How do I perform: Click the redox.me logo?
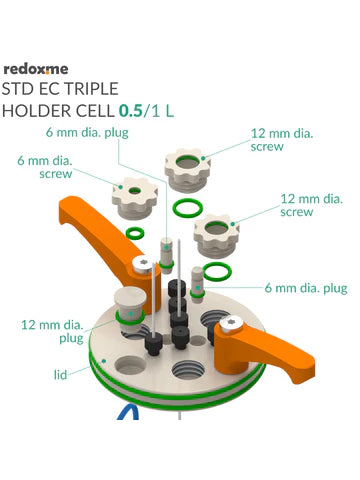click(x=36, y=69)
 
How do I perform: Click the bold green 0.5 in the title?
click(x=131, y=111)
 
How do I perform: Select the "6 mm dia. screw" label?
click(x=45, y=167)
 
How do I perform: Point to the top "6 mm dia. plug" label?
click(x=87, y=133)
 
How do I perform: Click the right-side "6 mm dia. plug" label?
click(x=306, y=288)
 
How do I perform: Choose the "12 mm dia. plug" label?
click(x=52, y=331)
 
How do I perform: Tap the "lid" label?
click(x=60, y=375)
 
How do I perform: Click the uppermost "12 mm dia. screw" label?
click(x=282, y=140)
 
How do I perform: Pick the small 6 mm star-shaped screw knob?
click(x=134, y=198)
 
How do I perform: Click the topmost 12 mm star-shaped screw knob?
click(x=187, y=170)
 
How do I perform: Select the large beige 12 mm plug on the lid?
click(x=130, y=310)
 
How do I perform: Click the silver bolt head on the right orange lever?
click(x=231, y=324)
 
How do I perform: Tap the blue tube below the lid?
click(x=128, y=412)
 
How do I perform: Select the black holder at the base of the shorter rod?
click(x=154, y=343)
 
